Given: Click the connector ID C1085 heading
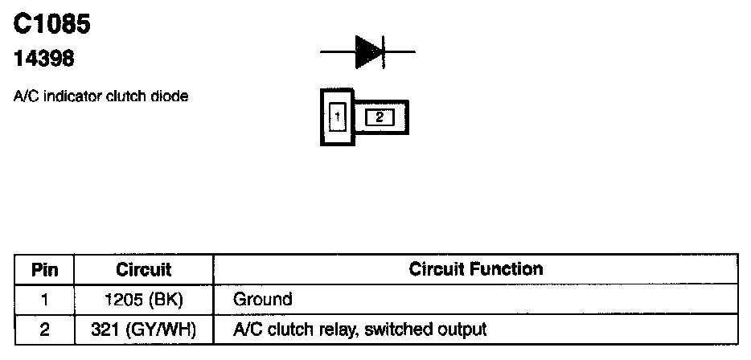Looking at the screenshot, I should click(x=52, y=25).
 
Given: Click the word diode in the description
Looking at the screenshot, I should click(x=172, y=96).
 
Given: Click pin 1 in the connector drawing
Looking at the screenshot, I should click(x=338, y=117).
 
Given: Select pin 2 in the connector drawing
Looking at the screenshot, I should click(x=380, y=118).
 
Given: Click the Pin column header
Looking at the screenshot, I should click(x=45, y=269).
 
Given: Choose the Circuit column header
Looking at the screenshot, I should click(x=144, y=269).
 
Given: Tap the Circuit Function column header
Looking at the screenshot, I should click(x=476, y=268).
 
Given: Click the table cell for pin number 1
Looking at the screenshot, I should click(x=45, y=300).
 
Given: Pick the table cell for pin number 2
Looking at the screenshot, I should click(x=45, y=329).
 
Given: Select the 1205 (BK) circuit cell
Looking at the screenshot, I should click(x=144, y=300).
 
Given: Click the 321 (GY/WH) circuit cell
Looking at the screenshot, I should click(x=144, y=329).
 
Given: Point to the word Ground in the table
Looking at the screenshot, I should click(x=262, y=300).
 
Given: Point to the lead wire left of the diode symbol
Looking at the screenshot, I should click(x=338, y=53).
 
